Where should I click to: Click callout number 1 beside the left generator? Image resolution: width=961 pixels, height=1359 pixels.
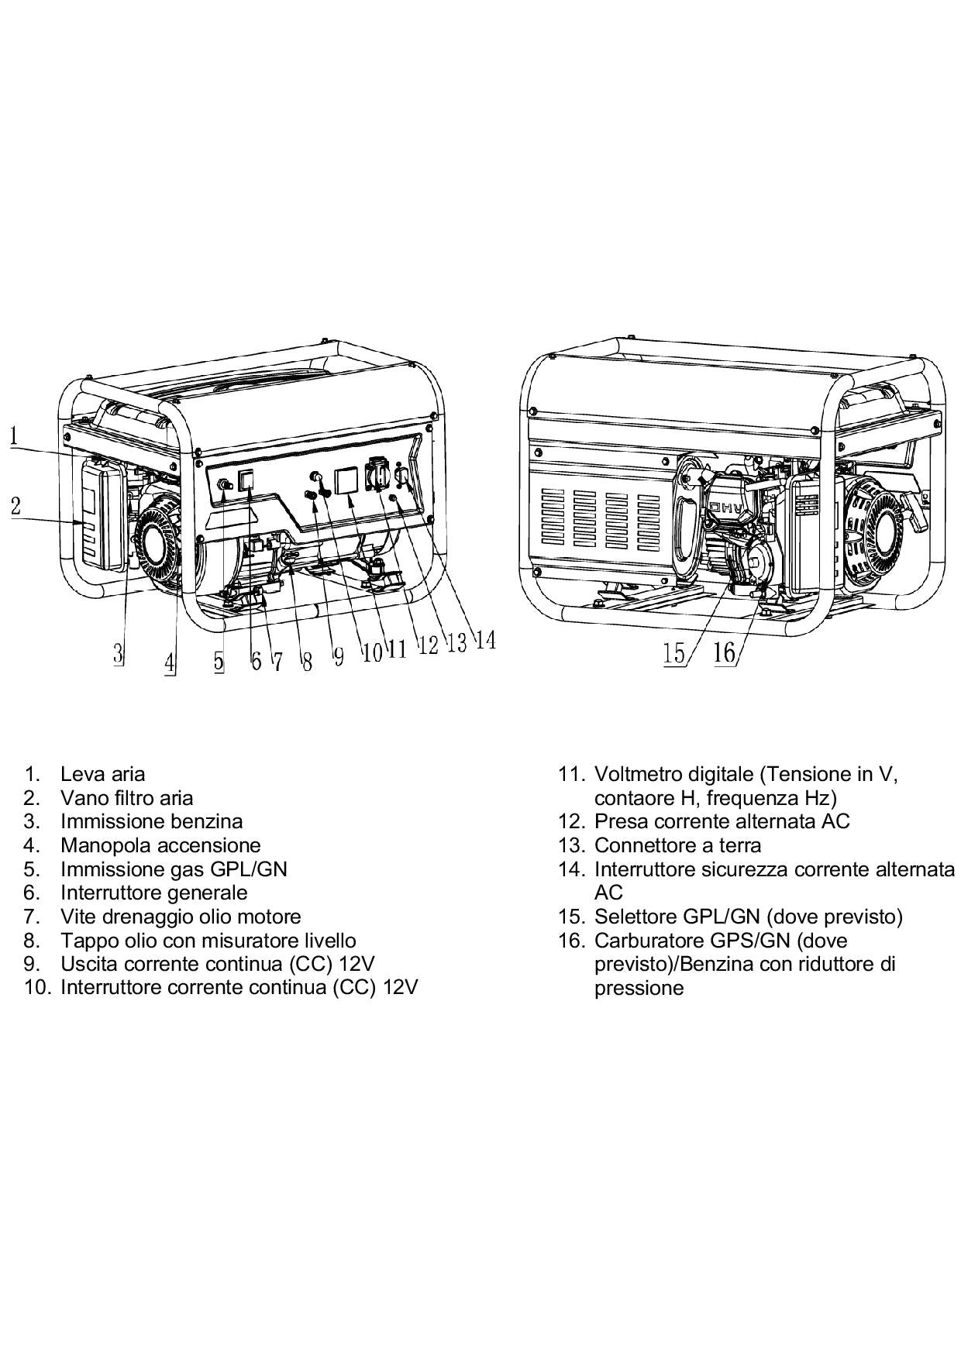click(15, 435)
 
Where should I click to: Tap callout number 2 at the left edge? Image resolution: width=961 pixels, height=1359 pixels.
click(15, 507)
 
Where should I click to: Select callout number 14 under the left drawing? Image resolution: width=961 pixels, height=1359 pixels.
click(485, 640)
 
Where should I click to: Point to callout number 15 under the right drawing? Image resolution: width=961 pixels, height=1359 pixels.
click(674, 653)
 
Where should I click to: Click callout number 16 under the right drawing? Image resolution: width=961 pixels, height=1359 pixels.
click(724, 652)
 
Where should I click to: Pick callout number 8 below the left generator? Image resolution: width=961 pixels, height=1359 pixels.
click(307, 661)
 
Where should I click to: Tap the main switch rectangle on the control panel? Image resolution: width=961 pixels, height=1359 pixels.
click(246, 480)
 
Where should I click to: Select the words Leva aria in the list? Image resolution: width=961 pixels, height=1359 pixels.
click(102, 773)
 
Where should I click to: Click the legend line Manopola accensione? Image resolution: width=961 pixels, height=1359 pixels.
click(160, 845)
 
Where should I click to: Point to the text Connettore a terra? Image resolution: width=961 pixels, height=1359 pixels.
click(677, 845)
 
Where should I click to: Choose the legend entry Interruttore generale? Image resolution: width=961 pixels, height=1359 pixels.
click(153, 893)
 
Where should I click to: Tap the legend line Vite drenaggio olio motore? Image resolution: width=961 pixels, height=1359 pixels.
click(181, 917)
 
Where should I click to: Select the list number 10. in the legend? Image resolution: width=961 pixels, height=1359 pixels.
click(38, 988)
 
